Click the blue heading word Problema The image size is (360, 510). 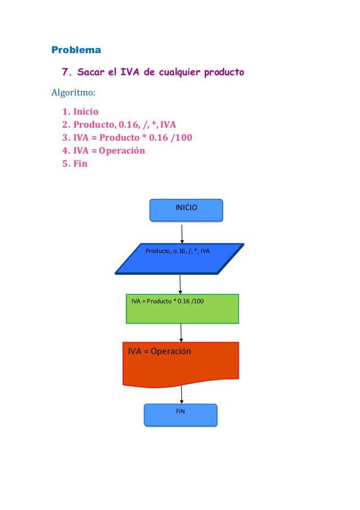pos(76,50)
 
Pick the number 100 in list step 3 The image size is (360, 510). pos(182,138)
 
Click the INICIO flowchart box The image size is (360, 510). pos(186,209)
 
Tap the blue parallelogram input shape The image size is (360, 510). pos(179,259)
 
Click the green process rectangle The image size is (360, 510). pos(182,309)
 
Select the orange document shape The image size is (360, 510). pos(181,364)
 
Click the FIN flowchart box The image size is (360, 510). pos(181,415)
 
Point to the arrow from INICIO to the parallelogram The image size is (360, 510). pos(182,233)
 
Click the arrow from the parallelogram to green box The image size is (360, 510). pos(180,284)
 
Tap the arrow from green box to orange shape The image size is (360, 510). pos(181,333)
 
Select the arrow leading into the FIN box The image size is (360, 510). pos(181,395)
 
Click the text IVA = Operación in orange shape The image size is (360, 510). pos(160,351)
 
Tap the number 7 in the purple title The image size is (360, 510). pos(65,73)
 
